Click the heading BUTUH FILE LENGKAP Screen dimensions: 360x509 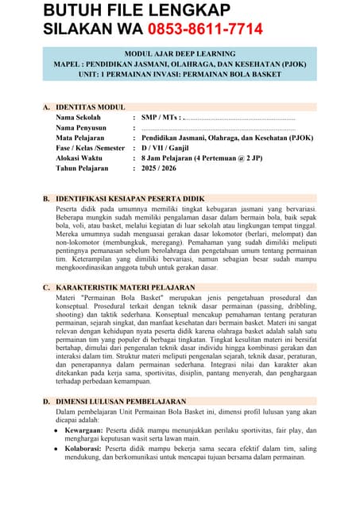pos(137,10)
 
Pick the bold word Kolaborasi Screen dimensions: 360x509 pos(83,449)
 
